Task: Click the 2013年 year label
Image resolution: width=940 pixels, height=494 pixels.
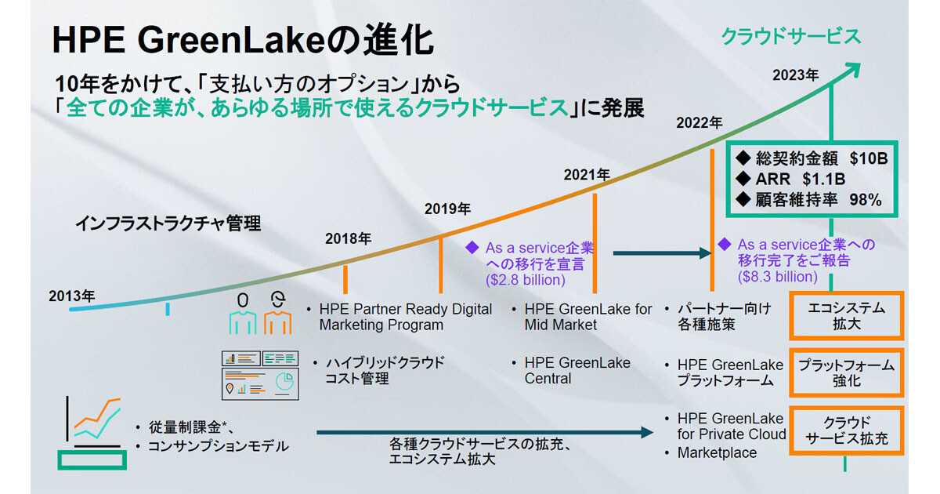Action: (x=72, y=296)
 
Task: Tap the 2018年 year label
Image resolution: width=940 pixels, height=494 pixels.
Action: (x=348, y=238)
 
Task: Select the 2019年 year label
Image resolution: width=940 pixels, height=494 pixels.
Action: (x=447, y=209)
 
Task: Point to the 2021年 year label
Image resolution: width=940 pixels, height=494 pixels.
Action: (x=587, y=175)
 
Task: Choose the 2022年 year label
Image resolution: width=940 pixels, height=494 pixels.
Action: (x=699, y=122)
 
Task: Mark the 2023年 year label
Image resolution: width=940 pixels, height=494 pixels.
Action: (x=796, y=75)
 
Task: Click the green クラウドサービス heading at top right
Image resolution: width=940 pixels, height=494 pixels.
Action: (x=791, y=37)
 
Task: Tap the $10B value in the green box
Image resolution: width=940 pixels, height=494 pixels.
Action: (x=869, y=158)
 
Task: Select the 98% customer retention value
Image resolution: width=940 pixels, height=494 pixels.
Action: (x=866, y=200)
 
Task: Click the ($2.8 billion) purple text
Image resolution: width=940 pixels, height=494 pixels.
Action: (x=526, y=280)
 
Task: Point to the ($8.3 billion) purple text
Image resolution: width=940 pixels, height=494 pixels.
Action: (x=778, y=276)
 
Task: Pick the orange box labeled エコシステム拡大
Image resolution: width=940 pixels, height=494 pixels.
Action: (x=847, y=316)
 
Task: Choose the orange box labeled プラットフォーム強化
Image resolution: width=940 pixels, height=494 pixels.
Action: (x=847, y=372)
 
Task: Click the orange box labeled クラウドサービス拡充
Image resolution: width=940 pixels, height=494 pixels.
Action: (x=847, y=430)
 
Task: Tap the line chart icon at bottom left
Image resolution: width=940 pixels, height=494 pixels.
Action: (x=92, y=433)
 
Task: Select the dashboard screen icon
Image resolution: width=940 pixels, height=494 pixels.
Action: (x=260, y=375)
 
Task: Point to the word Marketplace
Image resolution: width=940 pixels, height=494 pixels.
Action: (x=717, y=453)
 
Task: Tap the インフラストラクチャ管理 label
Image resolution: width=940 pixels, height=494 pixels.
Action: (x=168, y=223)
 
